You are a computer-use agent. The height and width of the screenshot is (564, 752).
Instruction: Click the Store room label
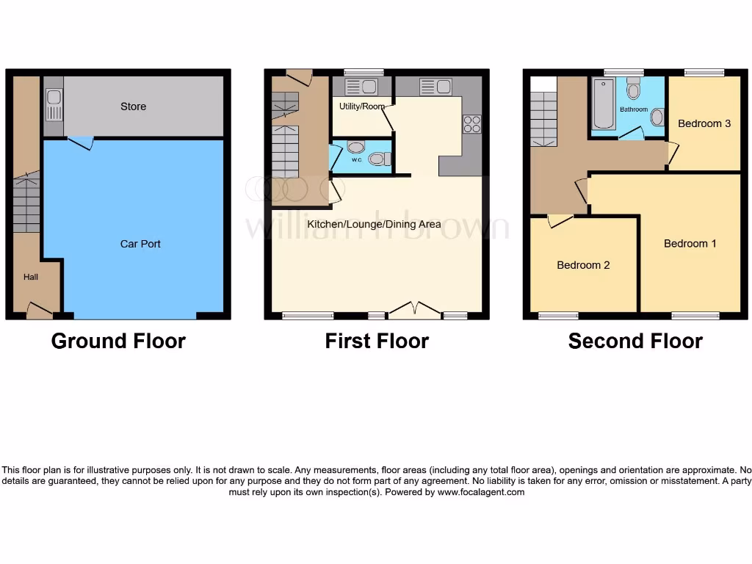pyautogui.click(x=133, y=106)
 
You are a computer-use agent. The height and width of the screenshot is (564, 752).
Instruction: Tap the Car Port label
pyautogui.click(x=140, y=244)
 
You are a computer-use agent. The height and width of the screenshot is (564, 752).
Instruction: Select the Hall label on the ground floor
pyautogui.click(x=31, y=277)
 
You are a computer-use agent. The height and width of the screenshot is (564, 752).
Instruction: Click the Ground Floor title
pyautogui.click(x=118, y=341)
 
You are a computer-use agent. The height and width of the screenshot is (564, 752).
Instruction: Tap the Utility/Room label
pyautogui.click(x=361, y=106)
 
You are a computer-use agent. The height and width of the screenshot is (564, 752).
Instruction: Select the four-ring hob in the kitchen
pyautogui.click(x=471, y=124)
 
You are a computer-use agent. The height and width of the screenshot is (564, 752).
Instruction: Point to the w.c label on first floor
pyautogui.click(x=356, y=159)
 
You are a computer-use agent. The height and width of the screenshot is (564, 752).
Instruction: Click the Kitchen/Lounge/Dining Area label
pyautogui.click(x=374, y=224)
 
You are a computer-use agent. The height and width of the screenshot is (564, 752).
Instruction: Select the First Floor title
pyautogui.click(x=377, y=341)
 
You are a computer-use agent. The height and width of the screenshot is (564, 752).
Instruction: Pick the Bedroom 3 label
pyautogui.click(x=704, y=123)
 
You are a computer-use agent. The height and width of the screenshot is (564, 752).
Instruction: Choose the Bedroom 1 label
pyautogui.click(x=690, y=244)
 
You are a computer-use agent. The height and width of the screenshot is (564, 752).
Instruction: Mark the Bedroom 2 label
pyautogui.click(x=583, y=265)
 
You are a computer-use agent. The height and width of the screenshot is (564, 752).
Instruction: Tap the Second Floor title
pyautogui.click(x=635, y=341)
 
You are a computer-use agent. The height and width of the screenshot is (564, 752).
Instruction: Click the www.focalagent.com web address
pyautogui.click(x=480, y=493)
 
